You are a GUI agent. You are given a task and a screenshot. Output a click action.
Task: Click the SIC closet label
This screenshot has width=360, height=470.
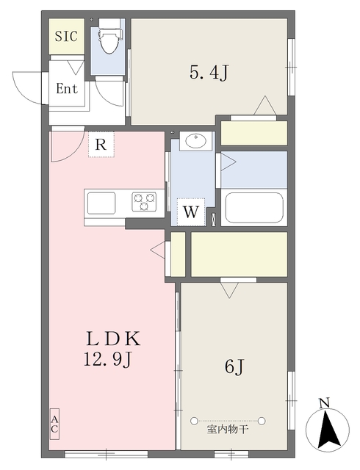tap(66, 36)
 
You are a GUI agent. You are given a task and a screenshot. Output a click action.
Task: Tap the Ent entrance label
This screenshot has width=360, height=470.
tap(67, 89)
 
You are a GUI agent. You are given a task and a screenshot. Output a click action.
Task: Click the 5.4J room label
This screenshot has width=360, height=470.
tap(209, 73)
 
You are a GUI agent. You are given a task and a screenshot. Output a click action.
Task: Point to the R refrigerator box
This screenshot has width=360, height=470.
tap(101, 145)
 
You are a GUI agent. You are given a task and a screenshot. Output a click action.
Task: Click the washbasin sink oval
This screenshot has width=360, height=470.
tap(195, 140)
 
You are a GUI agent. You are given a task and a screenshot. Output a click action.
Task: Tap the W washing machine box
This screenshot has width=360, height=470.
tap(191, 212)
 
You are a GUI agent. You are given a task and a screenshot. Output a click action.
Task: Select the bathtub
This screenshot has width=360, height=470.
tap(254, 208)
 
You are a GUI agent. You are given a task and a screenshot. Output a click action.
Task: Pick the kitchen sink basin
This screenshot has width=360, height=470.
tap(101, 203)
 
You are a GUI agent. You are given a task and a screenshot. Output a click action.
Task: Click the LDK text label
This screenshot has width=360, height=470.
tap(113, 339)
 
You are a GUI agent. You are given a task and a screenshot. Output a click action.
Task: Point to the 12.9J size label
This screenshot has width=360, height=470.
tap(108, 359)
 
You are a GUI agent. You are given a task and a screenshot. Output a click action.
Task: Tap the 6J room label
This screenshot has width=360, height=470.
tap(234, 367)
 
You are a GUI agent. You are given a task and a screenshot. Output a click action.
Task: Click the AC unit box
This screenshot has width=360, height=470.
tap(54, 424)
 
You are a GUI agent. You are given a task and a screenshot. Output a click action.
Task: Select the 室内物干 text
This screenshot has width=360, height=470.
tap(228, 430)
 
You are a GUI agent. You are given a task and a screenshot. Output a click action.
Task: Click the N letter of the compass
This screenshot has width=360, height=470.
tap(325, 403)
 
